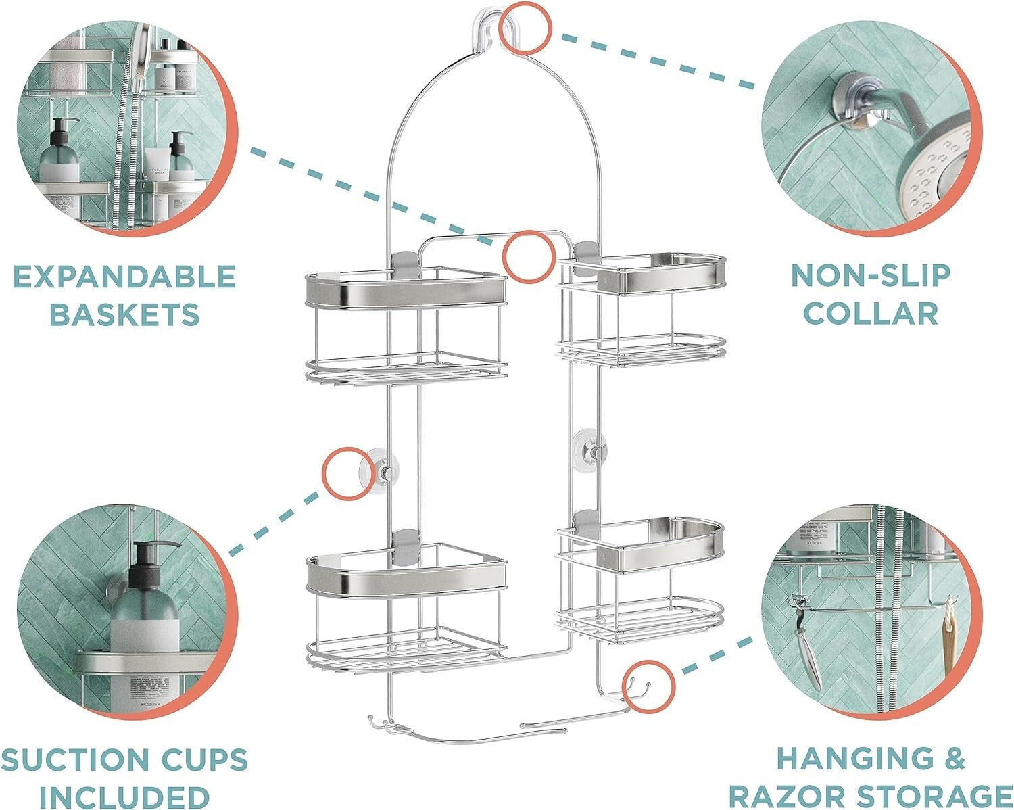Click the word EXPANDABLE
(124, 277)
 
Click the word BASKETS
(124, 314)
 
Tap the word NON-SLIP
(871, 275)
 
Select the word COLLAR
(871, 314)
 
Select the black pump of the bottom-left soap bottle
(150, 561)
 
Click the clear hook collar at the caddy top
(488, 30)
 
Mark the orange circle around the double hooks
(649, 686)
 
